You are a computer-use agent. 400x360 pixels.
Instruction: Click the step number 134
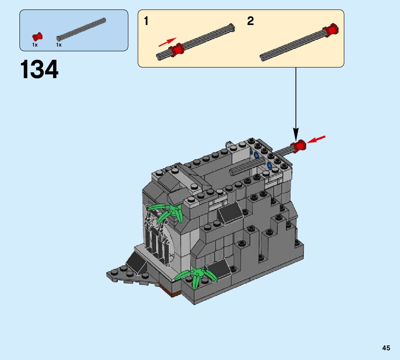pos(39,69)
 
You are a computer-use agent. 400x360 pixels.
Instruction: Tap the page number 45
pos(386,348)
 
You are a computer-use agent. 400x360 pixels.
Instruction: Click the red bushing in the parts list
pos(37,37)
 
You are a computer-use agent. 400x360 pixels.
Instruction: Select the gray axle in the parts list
pos(81,29)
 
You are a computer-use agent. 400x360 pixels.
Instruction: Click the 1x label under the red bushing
pos(35,45)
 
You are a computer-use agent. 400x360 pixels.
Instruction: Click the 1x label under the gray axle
pos(59,45)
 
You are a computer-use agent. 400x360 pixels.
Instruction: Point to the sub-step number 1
pos(146,21)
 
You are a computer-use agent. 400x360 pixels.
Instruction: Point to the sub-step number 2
pos(251,21)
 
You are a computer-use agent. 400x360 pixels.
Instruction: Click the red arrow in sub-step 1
pos(168,42)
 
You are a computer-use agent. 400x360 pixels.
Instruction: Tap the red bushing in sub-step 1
pos(177,50)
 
